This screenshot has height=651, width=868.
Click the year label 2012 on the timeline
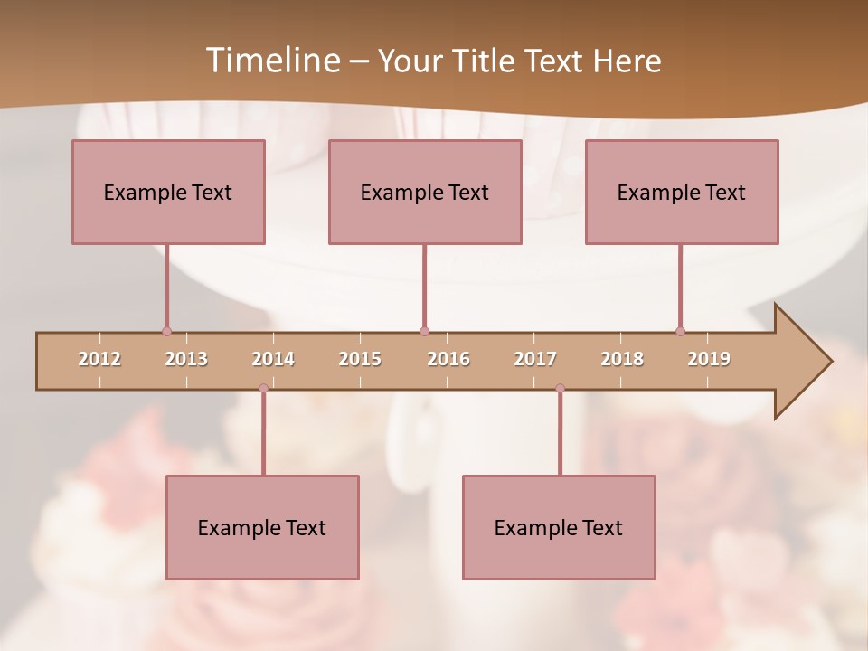coord(99,359)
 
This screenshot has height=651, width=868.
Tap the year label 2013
coord(186,359)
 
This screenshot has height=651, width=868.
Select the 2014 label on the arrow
coord(273,359)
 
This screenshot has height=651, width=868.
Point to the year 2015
coord(360,359)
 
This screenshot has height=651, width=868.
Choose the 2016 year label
coord(448,359)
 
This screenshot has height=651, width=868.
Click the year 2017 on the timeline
coord(535,359)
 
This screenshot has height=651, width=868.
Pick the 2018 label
coord(622,359)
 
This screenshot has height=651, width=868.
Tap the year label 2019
coord(709,359)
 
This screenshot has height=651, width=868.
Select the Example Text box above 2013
coord(168,192)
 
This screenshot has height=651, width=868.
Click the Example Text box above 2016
coord(425,192)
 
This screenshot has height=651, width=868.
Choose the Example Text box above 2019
coord(682,192)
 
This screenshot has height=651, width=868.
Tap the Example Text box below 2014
coord(262,527)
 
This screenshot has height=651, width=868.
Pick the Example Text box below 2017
coord(559,527)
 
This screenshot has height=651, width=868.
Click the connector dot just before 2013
coord(166,331)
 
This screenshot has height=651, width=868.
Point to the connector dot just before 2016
coord(424,331)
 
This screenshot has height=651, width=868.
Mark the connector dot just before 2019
coord(680,331)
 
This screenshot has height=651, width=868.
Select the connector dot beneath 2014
coord(263,389)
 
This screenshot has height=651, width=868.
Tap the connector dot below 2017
coord(560,389)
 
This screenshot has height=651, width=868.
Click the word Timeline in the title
coord(271,61)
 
